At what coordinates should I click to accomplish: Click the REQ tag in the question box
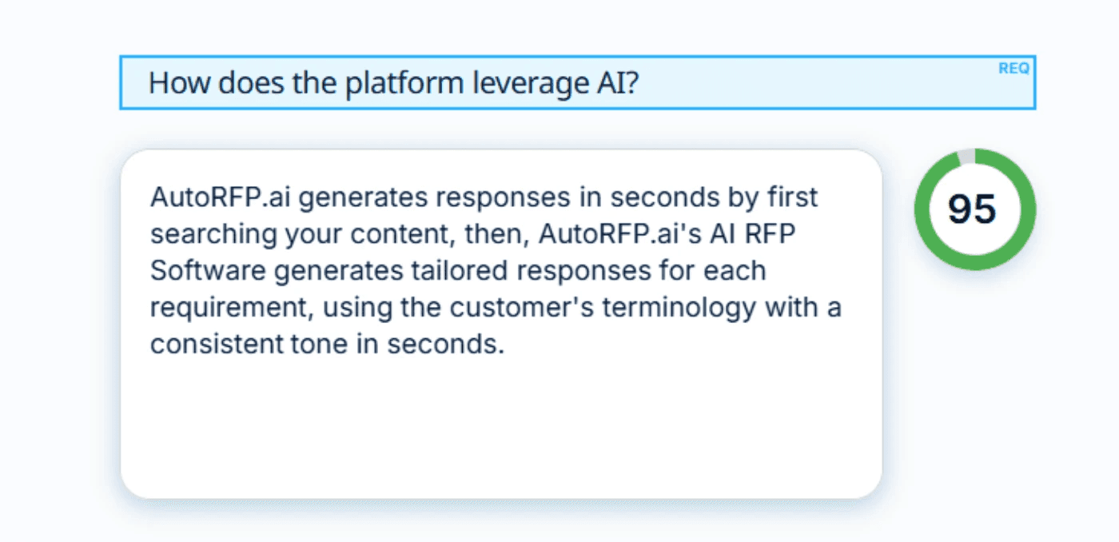click(1013, 69)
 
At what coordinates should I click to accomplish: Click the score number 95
click(973, 209)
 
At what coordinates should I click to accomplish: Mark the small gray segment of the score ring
click(966, 156)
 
